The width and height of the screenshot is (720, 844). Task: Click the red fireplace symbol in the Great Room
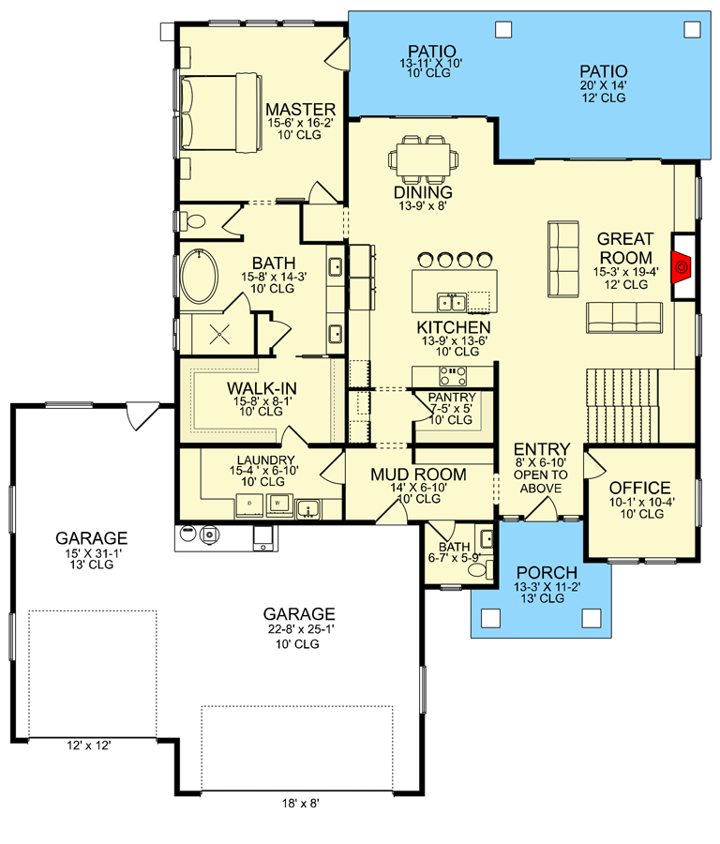click(x=682, y=266)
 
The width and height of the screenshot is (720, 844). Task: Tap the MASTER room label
click(x=300, y=110)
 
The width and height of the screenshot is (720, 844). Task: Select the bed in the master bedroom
click(x=219, y=113)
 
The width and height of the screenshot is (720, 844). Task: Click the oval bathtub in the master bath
click(x=198, y=276)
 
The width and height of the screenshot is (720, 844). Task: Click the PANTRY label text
click(x=452, y=398)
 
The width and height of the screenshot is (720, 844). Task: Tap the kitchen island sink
click(x=451, y=301)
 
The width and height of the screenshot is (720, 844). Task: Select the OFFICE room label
click(x=640, y=488)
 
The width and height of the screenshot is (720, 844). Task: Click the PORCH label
click(x=547, y=573)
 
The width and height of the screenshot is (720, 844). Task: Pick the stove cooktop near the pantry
click(x=451, y=376)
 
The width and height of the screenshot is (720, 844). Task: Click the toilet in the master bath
click(x=194, y=222)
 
